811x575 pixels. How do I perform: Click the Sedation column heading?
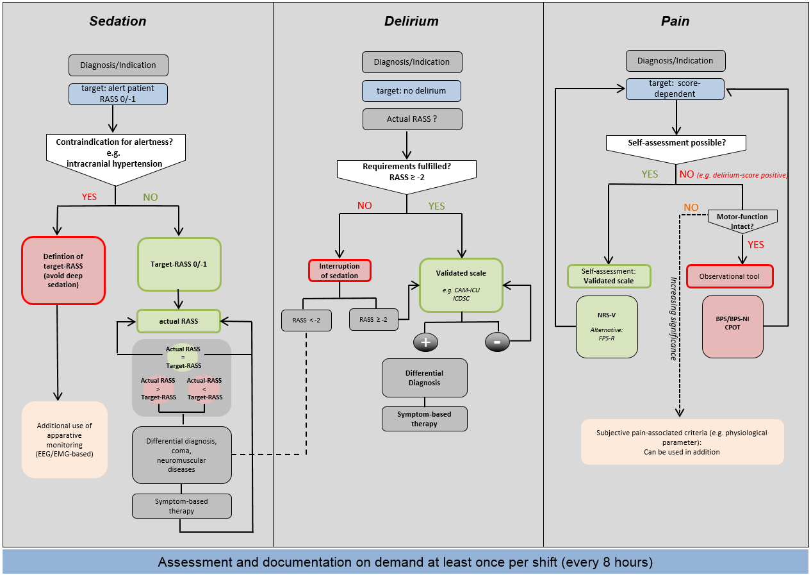117,21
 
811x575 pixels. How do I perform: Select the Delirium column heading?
411,21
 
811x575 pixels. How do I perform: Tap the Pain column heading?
675,21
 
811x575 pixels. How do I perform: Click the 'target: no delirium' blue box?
411,91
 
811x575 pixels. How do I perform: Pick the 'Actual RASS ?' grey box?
411,119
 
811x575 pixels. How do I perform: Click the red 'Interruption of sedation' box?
340,271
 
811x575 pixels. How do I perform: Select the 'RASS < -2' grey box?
307,320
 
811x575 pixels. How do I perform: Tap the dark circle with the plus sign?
425,342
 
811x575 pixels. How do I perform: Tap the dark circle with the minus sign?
497,342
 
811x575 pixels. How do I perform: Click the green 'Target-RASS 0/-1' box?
179,264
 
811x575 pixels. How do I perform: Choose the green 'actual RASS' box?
179,321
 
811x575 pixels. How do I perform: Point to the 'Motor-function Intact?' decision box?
742,222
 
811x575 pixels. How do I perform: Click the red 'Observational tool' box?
730,276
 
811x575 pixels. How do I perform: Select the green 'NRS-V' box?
607,326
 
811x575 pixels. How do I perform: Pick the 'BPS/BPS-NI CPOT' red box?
733,326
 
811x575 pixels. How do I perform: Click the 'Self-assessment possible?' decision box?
675,142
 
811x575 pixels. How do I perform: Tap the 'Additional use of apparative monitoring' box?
65,440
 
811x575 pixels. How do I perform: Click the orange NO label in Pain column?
691,208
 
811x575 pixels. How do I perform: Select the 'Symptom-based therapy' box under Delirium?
425,419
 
